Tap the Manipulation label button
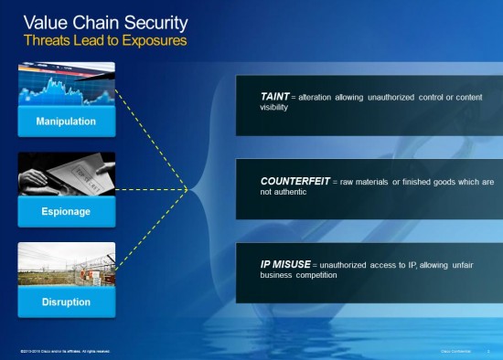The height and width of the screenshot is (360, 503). point(66,122)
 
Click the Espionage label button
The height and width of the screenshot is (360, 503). point(66,211)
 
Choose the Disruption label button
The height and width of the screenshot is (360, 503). point(66,302)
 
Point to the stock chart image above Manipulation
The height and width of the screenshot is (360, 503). point(66,84)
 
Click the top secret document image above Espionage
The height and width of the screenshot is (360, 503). point(66,174)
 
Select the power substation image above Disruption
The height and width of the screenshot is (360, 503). point(66,264)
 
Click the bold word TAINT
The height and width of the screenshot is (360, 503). point(276,96)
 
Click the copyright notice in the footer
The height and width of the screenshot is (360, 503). point(64,351)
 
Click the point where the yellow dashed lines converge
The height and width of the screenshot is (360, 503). point(188,190)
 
